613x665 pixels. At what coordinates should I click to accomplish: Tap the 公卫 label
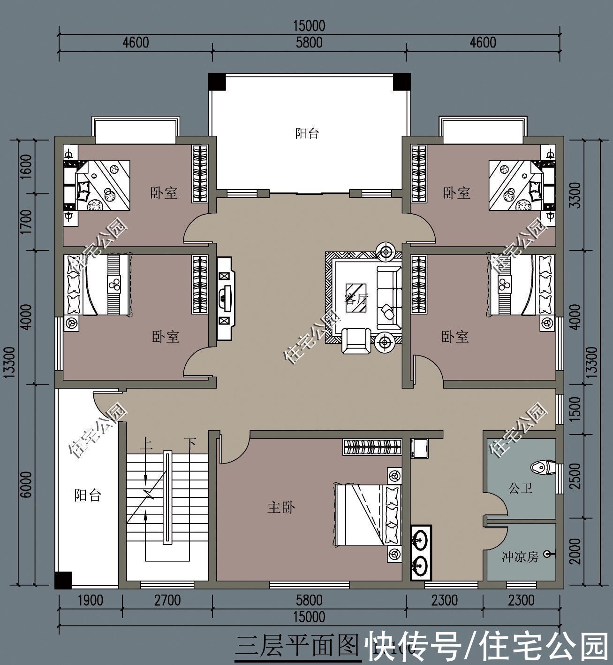click(x=521, y=488)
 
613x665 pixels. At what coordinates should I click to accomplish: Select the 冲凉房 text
click(x=519, y=557)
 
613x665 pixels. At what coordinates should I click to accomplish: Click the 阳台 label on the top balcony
click(x=307, y=133)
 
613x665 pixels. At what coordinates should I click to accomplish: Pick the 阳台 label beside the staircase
click(x=88, y=495)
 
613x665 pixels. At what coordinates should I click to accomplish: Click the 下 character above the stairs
click(x=189, y=443)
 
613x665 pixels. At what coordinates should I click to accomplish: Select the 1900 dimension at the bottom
click(x=90, y=601)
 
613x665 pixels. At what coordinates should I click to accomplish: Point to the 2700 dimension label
click(x=167, y=601)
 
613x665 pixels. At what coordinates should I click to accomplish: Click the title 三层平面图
click(x=296, y=647)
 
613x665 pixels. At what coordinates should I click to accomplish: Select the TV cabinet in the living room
click(x=226, y=298)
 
